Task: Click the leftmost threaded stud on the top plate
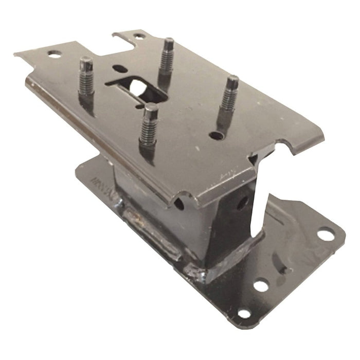coord(86,77)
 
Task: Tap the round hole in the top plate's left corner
coord(53,53)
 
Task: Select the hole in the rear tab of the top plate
coord(138,37)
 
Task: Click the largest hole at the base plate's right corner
coord(325,235)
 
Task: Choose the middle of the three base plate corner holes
coord(261,285)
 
